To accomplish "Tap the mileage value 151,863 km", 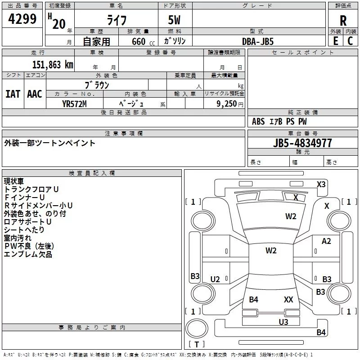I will (x=53, y=64).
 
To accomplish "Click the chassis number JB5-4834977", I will (x=303, y=143).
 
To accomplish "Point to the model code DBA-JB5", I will (x=258, y=41).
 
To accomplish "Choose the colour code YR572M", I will (x=74, y=103).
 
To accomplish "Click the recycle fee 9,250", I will (x=226, y=103).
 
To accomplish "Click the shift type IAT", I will (x=13, y=94).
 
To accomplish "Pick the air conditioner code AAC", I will (x=35, y=94).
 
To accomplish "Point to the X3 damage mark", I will (x=321, y=184).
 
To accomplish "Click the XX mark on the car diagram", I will (x=288, y=299).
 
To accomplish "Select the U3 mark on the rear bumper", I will (x=283, y=322).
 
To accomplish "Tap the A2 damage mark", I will (x=326, y=241).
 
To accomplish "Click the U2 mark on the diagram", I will (x=215, y=279).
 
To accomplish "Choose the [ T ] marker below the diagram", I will (x=197, y=345).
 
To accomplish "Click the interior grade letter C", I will (x=350, y=41).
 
